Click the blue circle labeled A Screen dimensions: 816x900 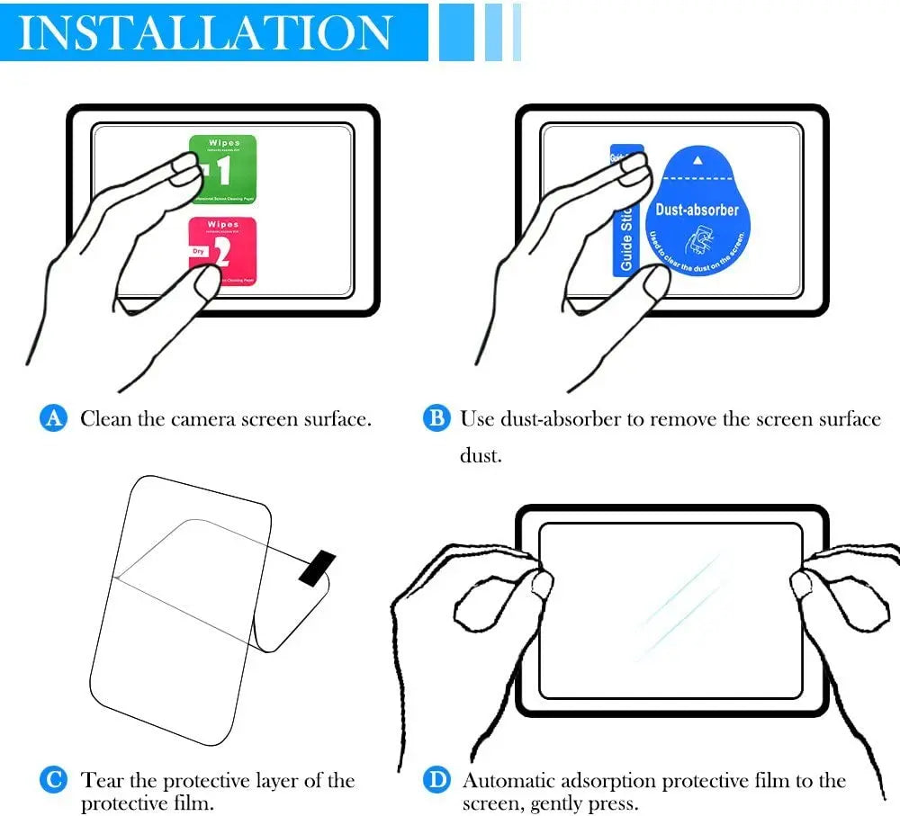(54, 418)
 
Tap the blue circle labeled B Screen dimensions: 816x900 (436, 418)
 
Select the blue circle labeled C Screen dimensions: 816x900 (54, 779)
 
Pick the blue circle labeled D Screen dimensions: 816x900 (436, 779)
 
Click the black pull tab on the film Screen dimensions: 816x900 (316, 568)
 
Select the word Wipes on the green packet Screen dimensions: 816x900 (223, 143)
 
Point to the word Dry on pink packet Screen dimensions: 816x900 (198, 251)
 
